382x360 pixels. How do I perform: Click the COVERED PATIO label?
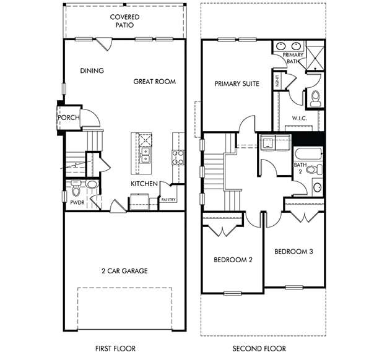point(124,21)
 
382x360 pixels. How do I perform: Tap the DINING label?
point(92,71)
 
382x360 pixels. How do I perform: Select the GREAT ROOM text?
point(154,81)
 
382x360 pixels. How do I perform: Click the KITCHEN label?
point(143,184)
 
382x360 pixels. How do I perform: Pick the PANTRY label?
point(168,199)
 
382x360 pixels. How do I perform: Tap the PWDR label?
point(77,202)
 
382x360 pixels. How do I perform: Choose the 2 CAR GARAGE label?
point(124,270)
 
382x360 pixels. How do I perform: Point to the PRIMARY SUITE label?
point(237,84)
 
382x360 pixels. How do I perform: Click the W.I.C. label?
point(300,118)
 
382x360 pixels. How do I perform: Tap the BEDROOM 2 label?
point(233,260)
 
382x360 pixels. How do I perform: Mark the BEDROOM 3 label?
point(293,252)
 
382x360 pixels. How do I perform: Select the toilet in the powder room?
point(77,184)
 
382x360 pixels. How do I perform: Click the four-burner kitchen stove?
point(178,157)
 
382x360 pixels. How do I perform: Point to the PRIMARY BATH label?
point(293,58)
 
